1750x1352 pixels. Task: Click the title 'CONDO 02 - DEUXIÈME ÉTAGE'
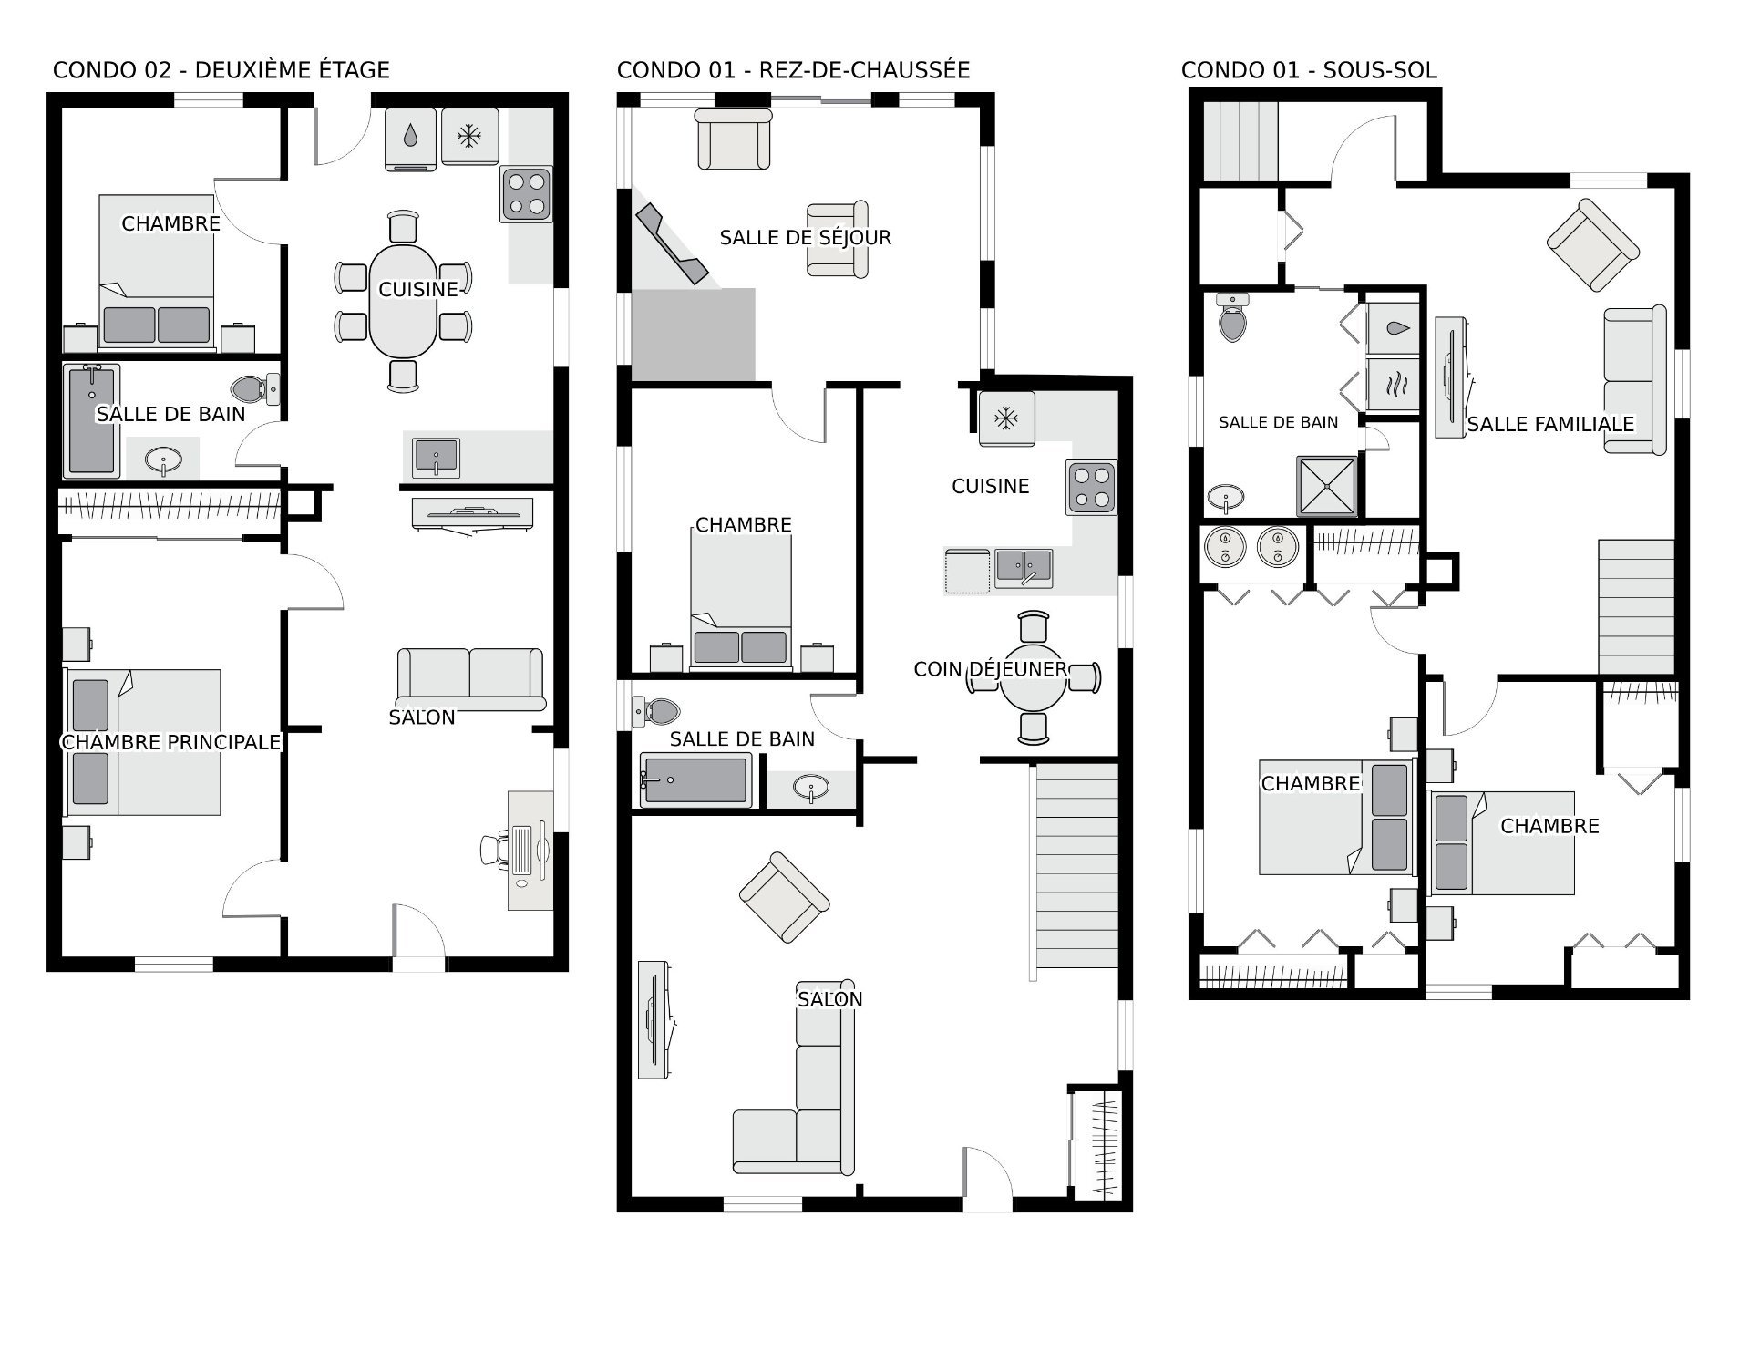click(x=221, y=70)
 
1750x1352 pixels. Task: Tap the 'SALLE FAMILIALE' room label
click(x=1550, y=424)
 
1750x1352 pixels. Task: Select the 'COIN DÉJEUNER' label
click(x=990, y=669)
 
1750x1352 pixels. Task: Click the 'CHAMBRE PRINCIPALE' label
click(x=171, y=742)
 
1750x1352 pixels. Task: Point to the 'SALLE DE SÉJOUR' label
click(x=806, y=238)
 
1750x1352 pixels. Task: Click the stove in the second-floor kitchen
click(x=527, y=194)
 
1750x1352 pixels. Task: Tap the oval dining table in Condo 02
click(x=403, y=301)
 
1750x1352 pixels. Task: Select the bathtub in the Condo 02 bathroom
click(x=92, y=420)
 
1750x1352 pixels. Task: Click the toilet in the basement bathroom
click(x=1232, y=317)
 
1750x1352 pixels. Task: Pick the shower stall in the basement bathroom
click(x=1326, y=486)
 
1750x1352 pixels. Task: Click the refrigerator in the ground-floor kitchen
click(x=1006, y=418)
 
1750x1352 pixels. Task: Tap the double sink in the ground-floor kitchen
click(x=1024, y=567)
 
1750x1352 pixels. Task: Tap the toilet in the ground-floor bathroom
click(x=656, y=709)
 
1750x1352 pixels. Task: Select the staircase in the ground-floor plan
click(x=1076, y=866)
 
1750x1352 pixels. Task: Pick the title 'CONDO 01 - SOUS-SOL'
click(x=1309, y=70)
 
